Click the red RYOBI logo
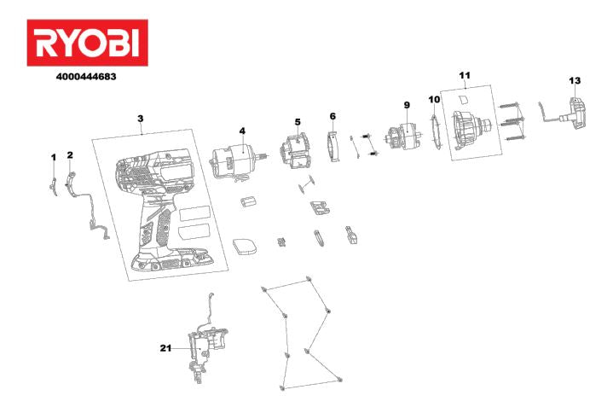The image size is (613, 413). point(87,43)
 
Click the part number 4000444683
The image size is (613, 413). point(86,77)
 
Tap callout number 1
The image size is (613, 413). point(54,158)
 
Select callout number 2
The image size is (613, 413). point(70,155)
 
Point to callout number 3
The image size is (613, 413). point(141,119)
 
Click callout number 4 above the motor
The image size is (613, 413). point(242,131)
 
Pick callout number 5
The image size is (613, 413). point(298,122)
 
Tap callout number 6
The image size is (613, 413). point(333,116)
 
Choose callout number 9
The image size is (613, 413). point(407,105)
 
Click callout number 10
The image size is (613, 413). point(434,99)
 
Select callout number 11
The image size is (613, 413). point(465,75)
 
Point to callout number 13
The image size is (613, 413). point(575,80)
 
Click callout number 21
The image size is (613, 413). point(165,347)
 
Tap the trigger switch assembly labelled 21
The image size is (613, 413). point(207,346)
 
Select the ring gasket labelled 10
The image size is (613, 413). point(436,131)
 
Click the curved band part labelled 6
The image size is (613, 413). point(333,146)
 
